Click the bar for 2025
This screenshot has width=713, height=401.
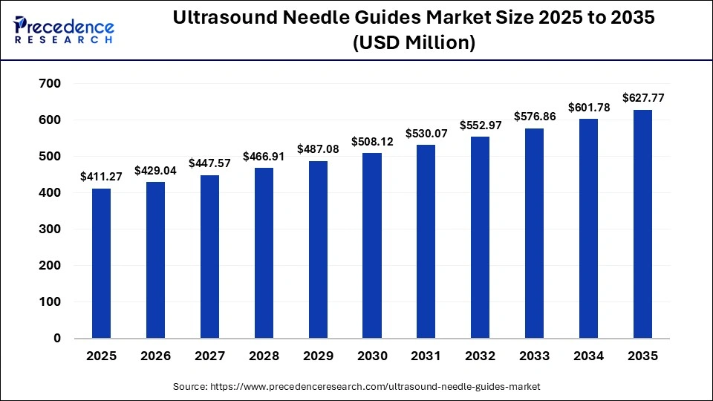(101, 264)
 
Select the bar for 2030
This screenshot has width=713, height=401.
(372, 246)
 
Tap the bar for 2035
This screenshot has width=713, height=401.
(642, 224)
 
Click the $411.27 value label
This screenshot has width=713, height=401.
(101, 177)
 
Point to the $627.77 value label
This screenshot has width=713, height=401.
(642, 97)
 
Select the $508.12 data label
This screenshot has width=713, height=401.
(372, 141)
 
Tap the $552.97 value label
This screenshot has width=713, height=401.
(481, 125)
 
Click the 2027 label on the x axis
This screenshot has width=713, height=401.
(209, 356)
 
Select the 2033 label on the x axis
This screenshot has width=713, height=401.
(535, 356)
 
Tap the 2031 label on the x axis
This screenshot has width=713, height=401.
(426, 356)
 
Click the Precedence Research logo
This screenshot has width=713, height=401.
(64, 30)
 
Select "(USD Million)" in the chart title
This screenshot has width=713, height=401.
(414, 44)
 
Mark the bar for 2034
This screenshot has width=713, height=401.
(588, 229)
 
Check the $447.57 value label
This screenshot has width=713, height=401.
(209, 163)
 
